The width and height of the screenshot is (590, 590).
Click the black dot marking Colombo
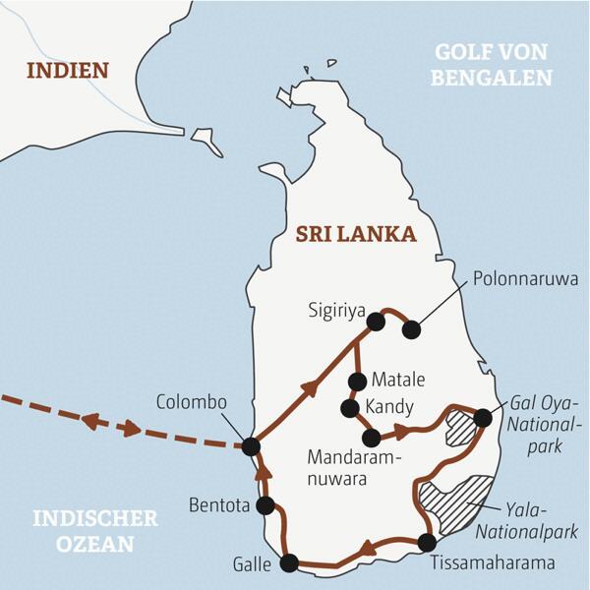251,446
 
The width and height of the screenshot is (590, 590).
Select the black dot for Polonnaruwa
411,330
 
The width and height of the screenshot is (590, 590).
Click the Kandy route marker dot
348,407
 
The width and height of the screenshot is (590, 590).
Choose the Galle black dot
288,563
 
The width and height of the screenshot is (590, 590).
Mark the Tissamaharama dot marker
427,542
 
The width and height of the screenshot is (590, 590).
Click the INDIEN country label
67,71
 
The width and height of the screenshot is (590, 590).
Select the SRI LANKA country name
355,234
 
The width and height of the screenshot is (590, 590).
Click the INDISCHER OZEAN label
93,530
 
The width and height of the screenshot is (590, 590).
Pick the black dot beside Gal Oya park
482,418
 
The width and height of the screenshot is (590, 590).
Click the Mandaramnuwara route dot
371,438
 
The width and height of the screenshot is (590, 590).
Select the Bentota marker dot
265,505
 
